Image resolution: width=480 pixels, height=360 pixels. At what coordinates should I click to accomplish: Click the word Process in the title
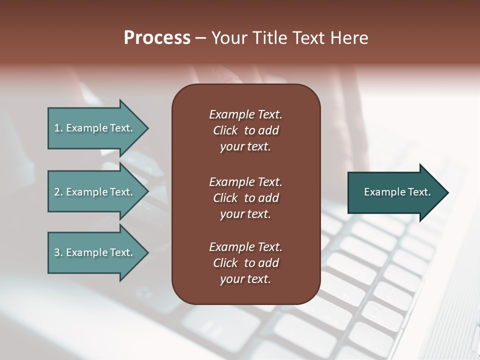pos(157,38)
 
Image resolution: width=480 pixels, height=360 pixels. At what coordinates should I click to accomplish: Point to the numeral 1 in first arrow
pos(57,128)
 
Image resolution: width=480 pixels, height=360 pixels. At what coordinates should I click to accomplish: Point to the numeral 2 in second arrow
pos(57,192)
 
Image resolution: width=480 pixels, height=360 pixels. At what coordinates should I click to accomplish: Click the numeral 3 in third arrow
pos(57,252)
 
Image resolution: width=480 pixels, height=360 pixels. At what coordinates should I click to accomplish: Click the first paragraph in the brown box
pos(245,130)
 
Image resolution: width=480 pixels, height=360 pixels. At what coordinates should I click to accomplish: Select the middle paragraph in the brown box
pos(245,198)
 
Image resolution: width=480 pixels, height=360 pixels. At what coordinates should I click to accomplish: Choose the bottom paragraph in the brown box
pos(245,263)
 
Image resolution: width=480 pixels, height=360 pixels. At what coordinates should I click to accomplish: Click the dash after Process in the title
pos(200,38)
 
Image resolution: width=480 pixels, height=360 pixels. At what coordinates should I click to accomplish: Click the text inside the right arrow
pos(397,192)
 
